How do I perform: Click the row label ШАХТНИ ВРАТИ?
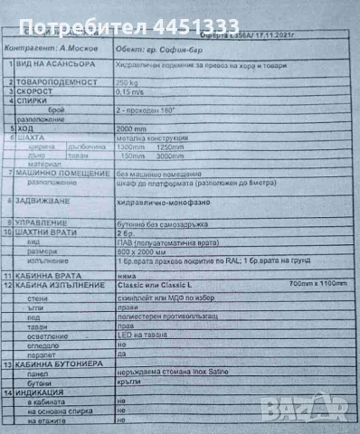point(51,231)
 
